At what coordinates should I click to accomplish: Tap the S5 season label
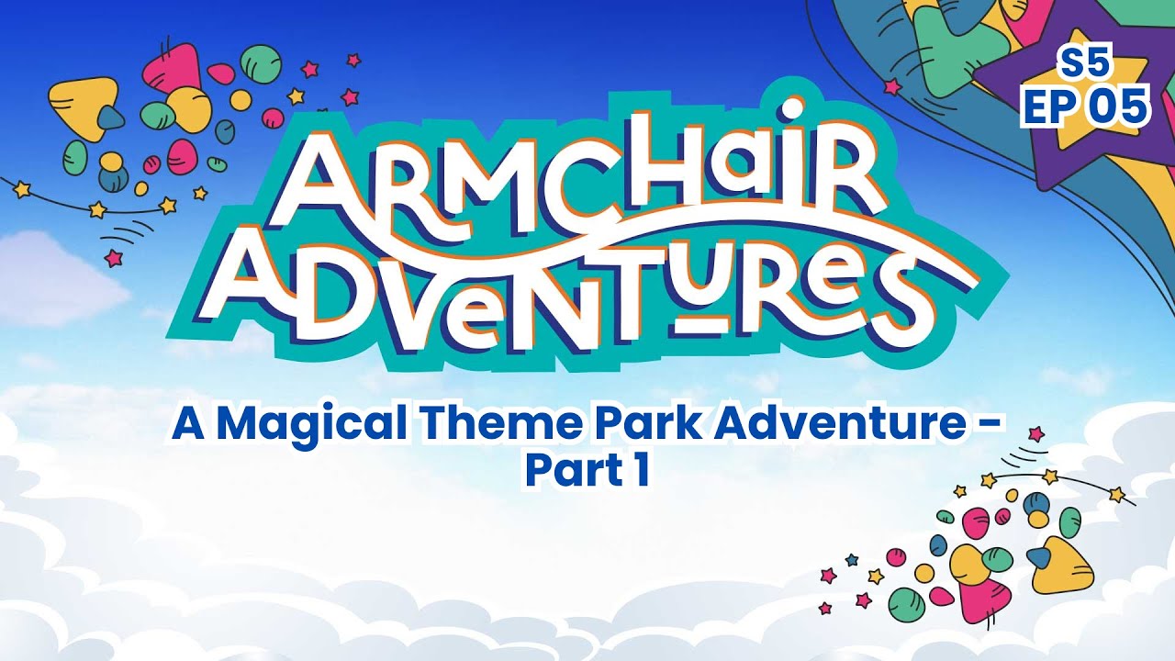click(1084, 64)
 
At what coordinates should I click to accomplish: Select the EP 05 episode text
click(1086, 106)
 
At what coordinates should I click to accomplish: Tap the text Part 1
click(587, 469)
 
